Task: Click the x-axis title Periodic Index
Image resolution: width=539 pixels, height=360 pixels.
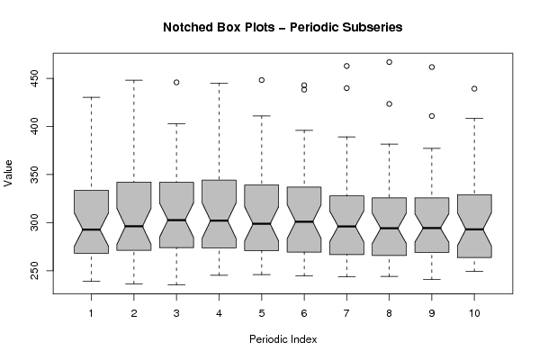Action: click(x=283, y=339)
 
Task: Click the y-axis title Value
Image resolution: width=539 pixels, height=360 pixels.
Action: click(x=8, y=174)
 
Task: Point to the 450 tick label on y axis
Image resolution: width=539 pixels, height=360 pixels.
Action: click(x=34, y=78)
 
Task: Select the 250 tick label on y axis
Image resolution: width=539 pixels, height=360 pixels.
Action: click(x=34, y=271)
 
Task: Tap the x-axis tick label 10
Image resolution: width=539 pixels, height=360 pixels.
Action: click(x=474, y=313)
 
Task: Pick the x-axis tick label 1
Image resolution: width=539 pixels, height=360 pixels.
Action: click(x=91, y=313)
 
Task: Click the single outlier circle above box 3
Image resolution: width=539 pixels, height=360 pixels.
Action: click(x=176, y=83)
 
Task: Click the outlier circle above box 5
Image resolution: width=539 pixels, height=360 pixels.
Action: click(x=262, y=80)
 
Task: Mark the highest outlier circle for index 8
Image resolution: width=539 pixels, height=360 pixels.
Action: click(x=389, y=62)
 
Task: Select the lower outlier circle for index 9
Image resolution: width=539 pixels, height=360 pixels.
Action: click(x=432, y=116)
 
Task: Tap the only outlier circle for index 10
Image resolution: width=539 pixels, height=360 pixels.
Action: click(x=474, y=89)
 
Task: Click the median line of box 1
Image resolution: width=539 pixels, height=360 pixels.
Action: click(x=91, y=229)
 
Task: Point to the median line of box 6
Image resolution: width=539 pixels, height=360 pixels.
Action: click(x=304, y=221)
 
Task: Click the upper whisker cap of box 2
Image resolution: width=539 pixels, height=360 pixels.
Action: click(x=134, y=80)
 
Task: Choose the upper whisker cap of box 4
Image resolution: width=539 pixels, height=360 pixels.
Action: click(x=219, y=83)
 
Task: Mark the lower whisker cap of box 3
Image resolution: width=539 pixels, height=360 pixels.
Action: click(x=176, y=284)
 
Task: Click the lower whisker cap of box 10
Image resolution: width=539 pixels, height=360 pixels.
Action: click(x=474, y=271)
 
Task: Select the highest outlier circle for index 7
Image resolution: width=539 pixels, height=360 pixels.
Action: click(x=346, y=66)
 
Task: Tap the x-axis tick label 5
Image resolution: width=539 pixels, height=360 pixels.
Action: click(x=262, y=313)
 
